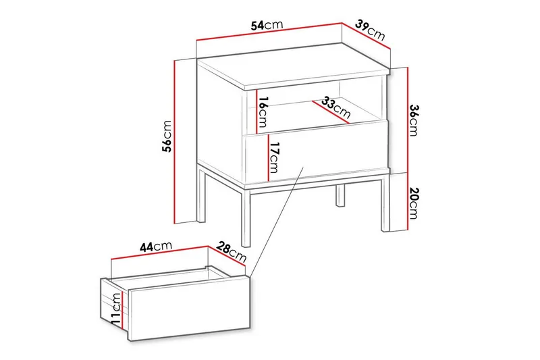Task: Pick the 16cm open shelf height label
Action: (263, 113)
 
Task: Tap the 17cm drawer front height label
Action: (273, 157)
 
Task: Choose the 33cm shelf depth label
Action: (335, 107)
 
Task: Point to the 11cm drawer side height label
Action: (116, 307)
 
